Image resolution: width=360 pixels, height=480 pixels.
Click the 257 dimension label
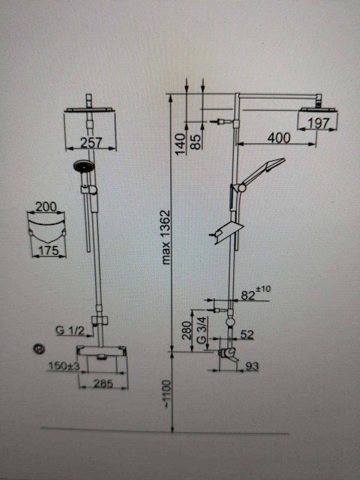click(91, 142)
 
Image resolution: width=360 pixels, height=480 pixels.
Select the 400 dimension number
click(279, 138)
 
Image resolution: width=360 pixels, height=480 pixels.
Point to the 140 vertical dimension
click(181, 144)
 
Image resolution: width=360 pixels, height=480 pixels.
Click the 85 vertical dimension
click(195, 142)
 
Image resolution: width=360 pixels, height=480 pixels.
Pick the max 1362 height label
click(165, 237)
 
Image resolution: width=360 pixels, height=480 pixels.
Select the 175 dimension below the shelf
click(49, 250)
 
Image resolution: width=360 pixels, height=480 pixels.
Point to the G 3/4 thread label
click(202, 330)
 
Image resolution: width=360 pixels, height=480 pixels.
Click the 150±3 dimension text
click(64, 366)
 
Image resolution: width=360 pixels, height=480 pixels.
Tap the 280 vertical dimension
click(186, 330)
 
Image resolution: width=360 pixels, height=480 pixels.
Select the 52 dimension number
click(247, 334)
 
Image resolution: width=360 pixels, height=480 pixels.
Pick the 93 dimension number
click(252, 366)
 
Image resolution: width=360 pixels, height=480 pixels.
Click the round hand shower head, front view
click(83, 166)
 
